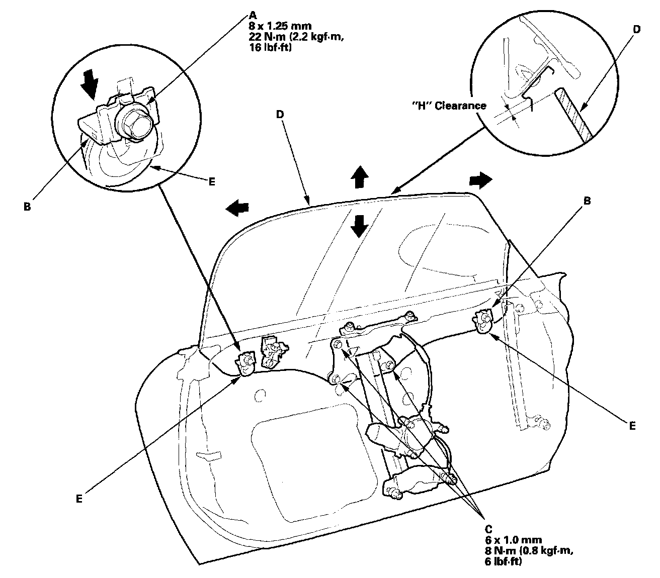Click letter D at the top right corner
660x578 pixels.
tap(636, 29)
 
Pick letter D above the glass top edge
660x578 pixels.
tap(280, 115)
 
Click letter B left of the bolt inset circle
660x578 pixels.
tap(27, 207)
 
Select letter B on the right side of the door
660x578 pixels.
tap(587, 200)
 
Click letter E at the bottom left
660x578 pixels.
tap(79, 498)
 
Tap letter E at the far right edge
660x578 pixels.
tap(632, 426)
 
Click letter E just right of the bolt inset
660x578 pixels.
tap(212, 181)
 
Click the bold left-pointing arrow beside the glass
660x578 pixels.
tap(237, 208)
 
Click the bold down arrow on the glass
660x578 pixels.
tap(359, 225)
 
